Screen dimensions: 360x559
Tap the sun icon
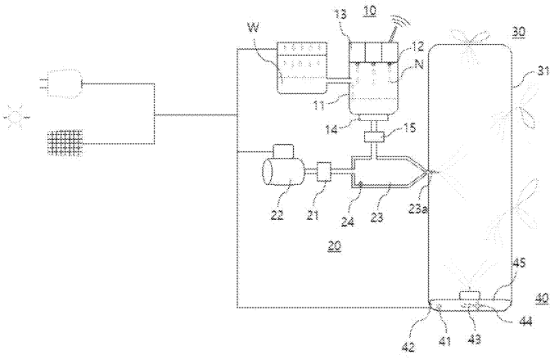coord(14,118)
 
